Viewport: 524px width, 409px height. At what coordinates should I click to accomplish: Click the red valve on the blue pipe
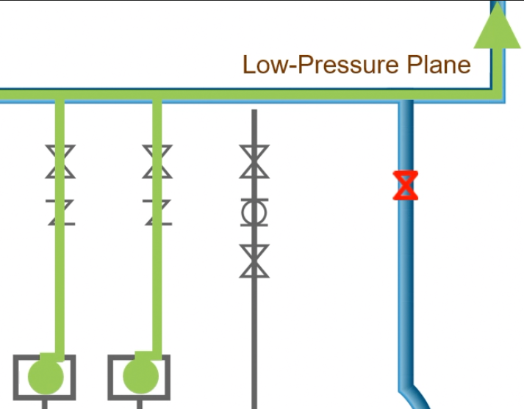pos(405,185)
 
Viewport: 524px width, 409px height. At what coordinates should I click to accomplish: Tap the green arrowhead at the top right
pos(498,28)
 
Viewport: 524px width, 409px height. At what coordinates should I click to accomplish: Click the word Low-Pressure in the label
pos(320,65)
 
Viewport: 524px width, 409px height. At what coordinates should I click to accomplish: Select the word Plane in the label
pos(438,65)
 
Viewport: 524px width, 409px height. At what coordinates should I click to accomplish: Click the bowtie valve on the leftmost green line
pos(60,162)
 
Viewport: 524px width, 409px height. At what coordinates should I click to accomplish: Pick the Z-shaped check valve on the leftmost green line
pos(61,211)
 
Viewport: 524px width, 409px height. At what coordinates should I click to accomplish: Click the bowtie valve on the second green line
pos(157,162)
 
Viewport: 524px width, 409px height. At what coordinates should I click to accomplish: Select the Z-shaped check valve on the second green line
pos(157,211)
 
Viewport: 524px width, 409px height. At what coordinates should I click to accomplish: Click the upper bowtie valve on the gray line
pos(254,162)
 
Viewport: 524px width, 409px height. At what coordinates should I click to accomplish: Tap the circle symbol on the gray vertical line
pos(254,213)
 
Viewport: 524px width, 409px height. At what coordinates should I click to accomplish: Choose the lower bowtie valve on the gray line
pos(254,261)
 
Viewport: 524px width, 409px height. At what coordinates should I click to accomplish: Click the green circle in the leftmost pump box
pos(46,377)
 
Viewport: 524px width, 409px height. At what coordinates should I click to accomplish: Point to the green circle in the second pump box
pos(140,377)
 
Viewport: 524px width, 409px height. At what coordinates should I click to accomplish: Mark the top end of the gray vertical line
pos(254,112)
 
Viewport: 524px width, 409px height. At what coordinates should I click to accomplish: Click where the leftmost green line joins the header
pos(60,96)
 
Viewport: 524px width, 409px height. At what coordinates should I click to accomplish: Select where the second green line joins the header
pos(157,96)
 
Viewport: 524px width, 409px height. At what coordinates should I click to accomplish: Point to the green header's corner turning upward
pos(498,94)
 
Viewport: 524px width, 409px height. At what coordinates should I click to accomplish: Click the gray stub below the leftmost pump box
pos(45,403)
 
